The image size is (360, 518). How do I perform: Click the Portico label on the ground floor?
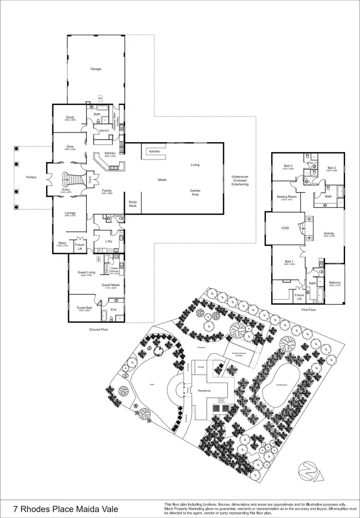(x=31, y=177)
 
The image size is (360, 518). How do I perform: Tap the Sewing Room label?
(x=287, y=197)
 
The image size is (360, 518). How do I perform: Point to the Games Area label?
(x=195, y=192)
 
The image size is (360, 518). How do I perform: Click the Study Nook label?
(x=132, y=204)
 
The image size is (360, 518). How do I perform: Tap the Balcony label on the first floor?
(x=335, y=283)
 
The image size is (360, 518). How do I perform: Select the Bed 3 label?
(x=288, y=166)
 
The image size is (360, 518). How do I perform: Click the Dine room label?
(x=70, y=146)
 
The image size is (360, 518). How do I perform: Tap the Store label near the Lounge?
(x=62, y=243)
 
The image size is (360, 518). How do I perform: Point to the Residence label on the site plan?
(x=204, y=391)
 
